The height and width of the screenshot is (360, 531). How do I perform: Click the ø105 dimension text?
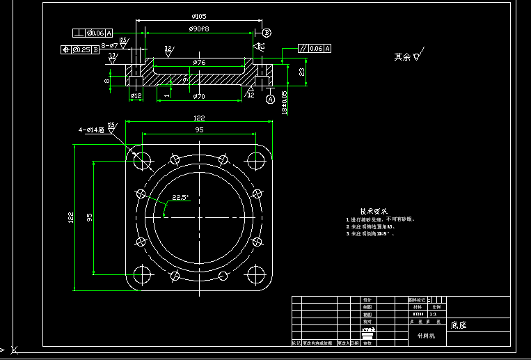click(200, 16)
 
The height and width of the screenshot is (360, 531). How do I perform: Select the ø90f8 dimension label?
click(199, 29)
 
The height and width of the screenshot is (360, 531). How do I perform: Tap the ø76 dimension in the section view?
click(199, 63)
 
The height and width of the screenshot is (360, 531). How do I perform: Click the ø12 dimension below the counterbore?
click(136, 95)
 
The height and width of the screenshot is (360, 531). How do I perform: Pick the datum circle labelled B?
click(267, 32)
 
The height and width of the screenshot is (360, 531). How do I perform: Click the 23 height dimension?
click(302, 72)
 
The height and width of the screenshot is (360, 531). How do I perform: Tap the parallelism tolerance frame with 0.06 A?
click(315, 49)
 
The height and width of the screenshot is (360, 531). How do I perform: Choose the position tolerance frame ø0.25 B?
click(80, 49)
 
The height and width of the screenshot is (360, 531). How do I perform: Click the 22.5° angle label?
click(180, 198)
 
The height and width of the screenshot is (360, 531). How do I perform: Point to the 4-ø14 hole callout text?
click(91, 130)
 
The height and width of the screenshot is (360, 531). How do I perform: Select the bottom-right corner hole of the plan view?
click(256, 275)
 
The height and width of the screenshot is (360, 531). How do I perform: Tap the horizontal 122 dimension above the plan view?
click(199, 118)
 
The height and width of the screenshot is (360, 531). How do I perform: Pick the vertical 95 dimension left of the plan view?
click(89, 217)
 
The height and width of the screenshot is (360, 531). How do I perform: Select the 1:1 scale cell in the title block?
click(435, 314)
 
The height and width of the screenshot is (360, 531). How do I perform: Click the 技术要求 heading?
click(374, 211)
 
